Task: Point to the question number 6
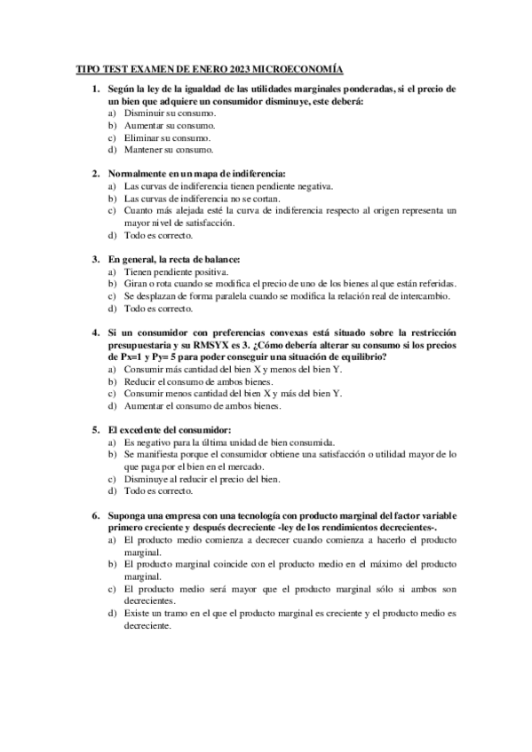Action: tap(95, 514)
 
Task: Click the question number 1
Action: tap(95, 90)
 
